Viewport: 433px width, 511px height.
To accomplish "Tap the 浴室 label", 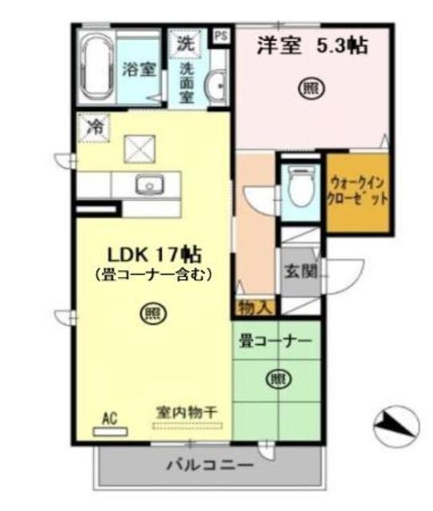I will [x=138, y=69].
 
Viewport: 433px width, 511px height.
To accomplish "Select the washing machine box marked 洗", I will [x=185, y=42].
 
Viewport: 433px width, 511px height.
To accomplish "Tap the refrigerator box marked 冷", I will [x=95, y=126].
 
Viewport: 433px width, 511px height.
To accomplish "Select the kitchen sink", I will [x=148, y=185].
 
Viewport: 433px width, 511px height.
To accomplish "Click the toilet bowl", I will [x=299, y=188].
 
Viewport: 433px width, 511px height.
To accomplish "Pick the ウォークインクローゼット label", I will [x=358, y=192].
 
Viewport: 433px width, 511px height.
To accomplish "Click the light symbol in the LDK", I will [x=150, y=314].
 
